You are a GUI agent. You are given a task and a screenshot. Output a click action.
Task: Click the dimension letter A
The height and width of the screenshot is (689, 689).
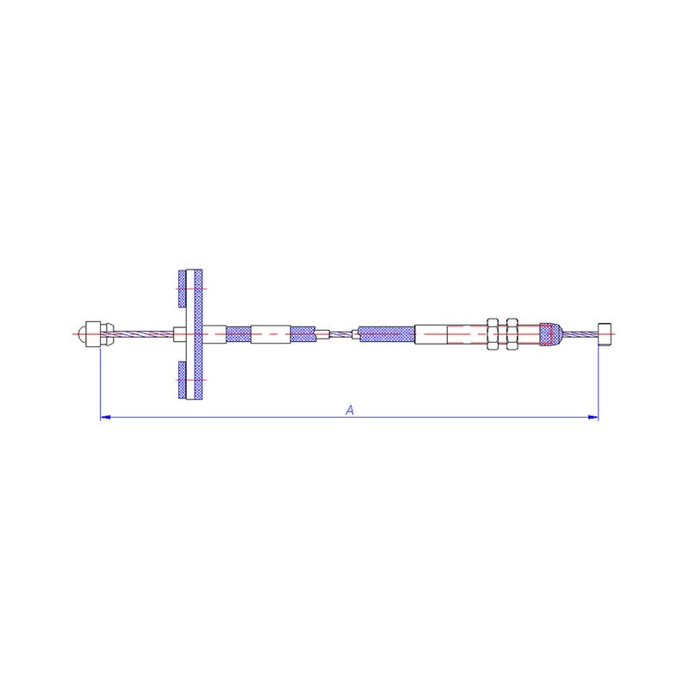click(350, 410)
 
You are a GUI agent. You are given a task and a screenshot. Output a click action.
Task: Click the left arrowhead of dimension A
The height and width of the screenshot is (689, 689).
click(105, 417)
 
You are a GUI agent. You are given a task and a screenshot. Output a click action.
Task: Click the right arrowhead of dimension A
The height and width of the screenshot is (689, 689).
click(593, 417)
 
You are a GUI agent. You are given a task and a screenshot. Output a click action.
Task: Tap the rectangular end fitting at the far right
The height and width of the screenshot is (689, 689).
click(605, 334)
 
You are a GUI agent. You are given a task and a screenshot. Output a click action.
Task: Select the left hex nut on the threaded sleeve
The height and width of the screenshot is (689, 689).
click(493, 334)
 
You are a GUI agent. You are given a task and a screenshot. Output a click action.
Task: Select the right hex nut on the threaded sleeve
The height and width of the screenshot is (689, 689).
click(512, 334)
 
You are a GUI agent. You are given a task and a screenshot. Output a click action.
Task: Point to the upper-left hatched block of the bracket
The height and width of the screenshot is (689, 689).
click(182, 289)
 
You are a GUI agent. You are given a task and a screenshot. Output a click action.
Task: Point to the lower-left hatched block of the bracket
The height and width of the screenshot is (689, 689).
click(182, 380)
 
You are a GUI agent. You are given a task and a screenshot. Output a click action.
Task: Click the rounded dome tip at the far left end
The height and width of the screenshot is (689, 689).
click(82, 334)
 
